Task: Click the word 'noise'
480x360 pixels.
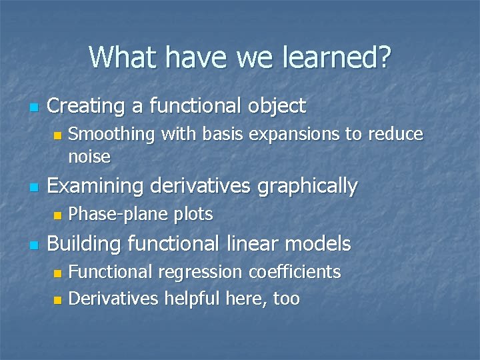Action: pyautogui.click(x=89, y=157)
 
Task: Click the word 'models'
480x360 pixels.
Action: pyautogui.click(x=320, y=244)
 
